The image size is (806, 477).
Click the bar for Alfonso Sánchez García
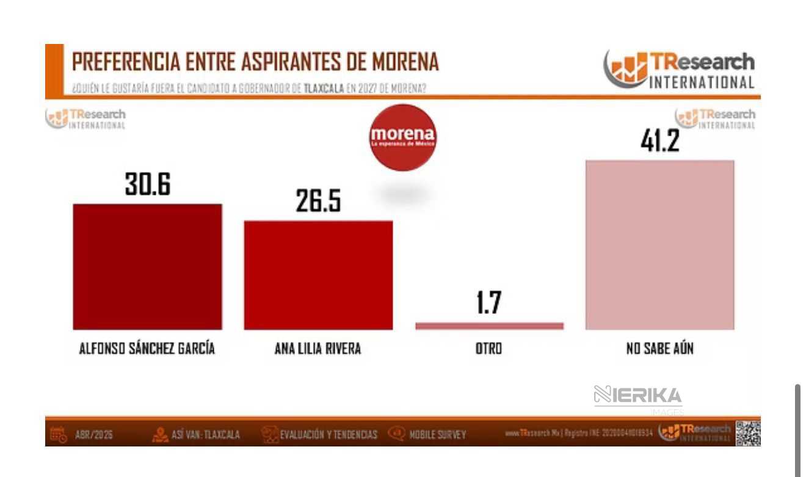click(147, 267)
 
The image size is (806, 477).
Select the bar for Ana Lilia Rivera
click(318, 275)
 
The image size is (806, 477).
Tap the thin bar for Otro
click(489, 326)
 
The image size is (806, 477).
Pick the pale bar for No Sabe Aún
click(659, 245)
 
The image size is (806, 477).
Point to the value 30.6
click(147, 184)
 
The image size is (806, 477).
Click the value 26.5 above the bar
click(318, 202)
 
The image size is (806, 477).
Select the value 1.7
click(489, 304)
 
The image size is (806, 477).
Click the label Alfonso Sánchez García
click(147, 349)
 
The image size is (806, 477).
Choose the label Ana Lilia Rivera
click(318, 349)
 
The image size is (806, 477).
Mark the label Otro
click(489, 349)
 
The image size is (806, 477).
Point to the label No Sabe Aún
click(659, 349)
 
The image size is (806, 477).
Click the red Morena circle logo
click(403, 137)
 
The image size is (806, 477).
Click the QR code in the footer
click(748, 433)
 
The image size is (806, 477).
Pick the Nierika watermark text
click(637, 395)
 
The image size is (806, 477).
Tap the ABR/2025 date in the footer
click(93, 435)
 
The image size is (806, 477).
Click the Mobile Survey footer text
click(437, 435)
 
